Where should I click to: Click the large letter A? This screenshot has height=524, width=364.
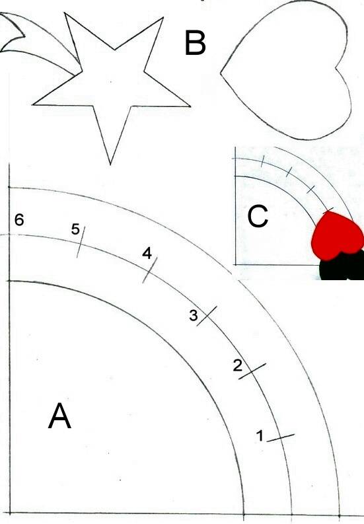(x=59, y=416)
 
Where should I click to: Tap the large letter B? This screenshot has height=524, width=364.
(x=195, y=42)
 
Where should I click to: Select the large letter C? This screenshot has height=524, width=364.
(x=258, y=217)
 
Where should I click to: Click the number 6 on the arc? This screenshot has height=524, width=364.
(x=19, y=220)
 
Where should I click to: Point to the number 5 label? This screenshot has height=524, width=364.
(x=75, y=229)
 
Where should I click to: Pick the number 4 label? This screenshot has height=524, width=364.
(x=147, y=253)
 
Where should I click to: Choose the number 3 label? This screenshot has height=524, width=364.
(x=194, y=315)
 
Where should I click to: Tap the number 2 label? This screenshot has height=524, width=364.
(x=237, y=365)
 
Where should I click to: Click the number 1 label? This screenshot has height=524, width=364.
(x=260, y=435)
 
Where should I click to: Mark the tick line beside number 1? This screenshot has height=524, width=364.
(x=281, y=438)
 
